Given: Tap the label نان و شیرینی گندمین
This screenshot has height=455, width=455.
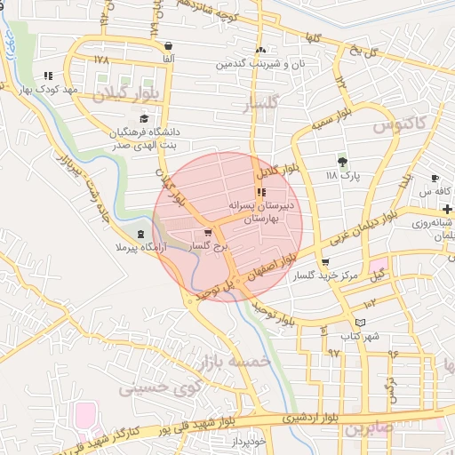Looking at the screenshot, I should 262,64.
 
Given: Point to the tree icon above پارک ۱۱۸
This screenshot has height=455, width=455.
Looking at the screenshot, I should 342,161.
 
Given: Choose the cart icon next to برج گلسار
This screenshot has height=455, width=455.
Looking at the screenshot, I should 208,233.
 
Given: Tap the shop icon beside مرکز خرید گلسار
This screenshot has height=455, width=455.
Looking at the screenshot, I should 325,262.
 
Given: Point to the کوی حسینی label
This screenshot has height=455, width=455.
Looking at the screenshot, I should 148,387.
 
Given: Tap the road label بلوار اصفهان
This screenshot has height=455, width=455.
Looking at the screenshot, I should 262,269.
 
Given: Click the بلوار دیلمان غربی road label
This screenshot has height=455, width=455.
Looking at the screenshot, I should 360,226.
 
